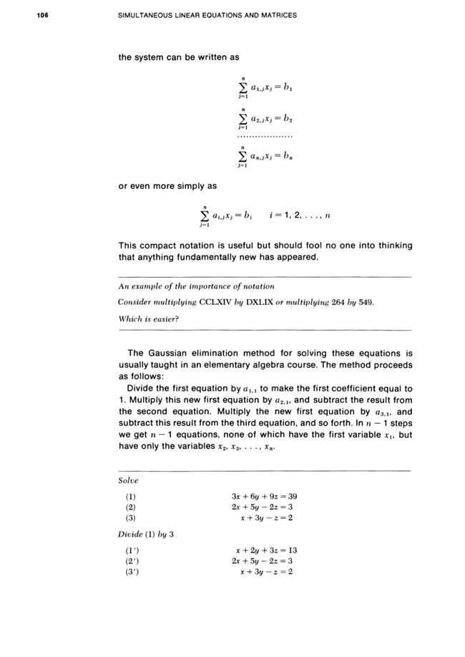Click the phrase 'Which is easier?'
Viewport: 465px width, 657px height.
click(148, 319)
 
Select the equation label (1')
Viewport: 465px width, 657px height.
click(132, 550)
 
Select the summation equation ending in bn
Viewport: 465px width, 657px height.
click(258, 155)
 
